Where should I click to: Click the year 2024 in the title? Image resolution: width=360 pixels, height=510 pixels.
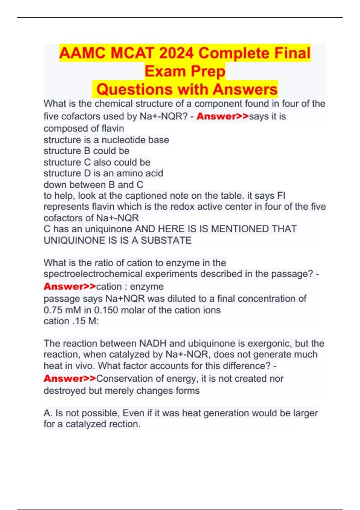point(177,53)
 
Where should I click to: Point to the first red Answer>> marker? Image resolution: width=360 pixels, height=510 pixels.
point(222,116)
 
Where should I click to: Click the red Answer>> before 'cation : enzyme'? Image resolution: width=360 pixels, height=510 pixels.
point(70,286)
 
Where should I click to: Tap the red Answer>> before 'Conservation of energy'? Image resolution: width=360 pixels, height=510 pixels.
point(70,379)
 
